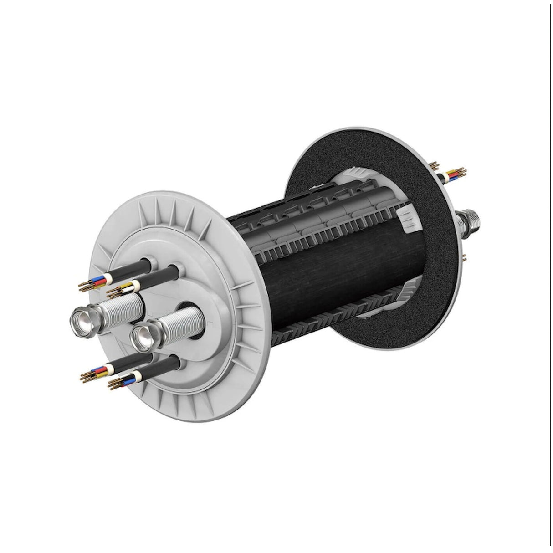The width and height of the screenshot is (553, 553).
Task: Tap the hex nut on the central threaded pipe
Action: (x=143, y=336)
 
